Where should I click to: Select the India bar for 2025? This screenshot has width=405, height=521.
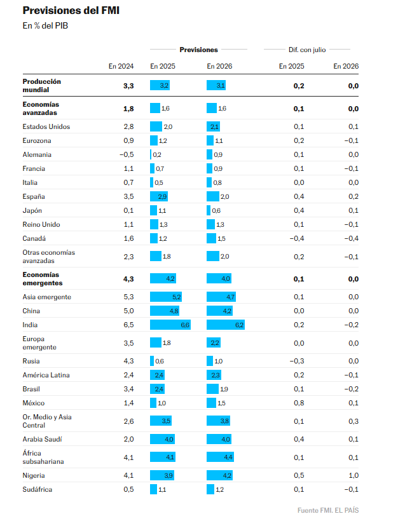point(170,325)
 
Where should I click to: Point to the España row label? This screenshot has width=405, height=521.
point(34,196)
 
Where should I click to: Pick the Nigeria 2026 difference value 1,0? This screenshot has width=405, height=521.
point(354,475)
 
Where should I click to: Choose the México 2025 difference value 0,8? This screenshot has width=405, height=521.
point(299,403)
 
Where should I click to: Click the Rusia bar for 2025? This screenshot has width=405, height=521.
point(152,361)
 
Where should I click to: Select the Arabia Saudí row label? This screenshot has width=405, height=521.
point(42,439)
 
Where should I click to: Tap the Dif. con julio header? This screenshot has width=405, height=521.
point(307,50)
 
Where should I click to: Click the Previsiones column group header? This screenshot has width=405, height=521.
point(198,50)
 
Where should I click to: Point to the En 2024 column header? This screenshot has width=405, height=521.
point(121,66)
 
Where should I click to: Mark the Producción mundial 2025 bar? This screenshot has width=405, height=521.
point(160,85)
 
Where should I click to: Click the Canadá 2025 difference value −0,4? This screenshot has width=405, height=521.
point(296,238)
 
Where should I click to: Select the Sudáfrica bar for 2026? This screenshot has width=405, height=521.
point(210,489)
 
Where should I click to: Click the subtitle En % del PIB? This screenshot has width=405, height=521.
point(45,26)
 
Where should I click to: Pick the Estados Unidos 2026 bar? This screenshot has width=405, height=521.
point(214,126)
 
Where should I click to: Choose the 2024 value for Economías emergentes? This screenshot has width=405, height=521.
point(128,279)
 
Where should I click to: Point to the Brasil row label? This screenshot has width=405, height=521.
point(32,389)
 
